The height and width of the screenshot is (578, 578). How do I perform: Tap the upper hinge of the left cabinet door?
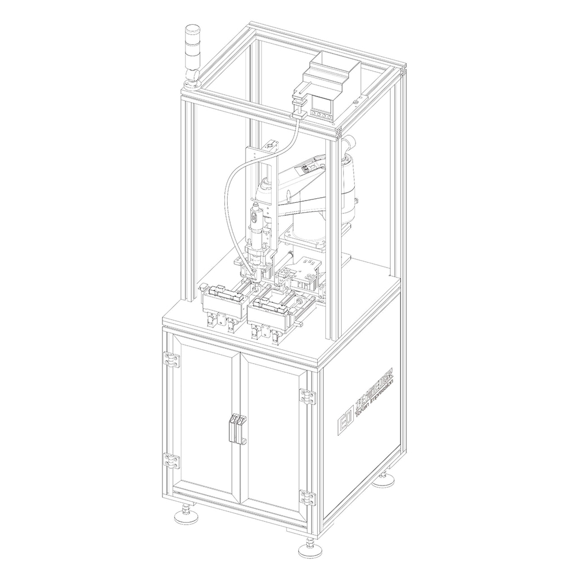click(x=171, y=360)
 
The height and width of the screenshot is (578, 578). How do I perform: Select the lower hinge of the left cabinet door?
click(x=171, y=460)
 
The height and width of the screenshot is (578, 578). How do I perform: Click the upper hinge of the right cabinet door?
click(x=307, y=396)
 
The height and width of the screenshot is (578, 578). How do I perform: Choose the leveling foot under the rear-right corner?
click(x=384, y=479)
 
